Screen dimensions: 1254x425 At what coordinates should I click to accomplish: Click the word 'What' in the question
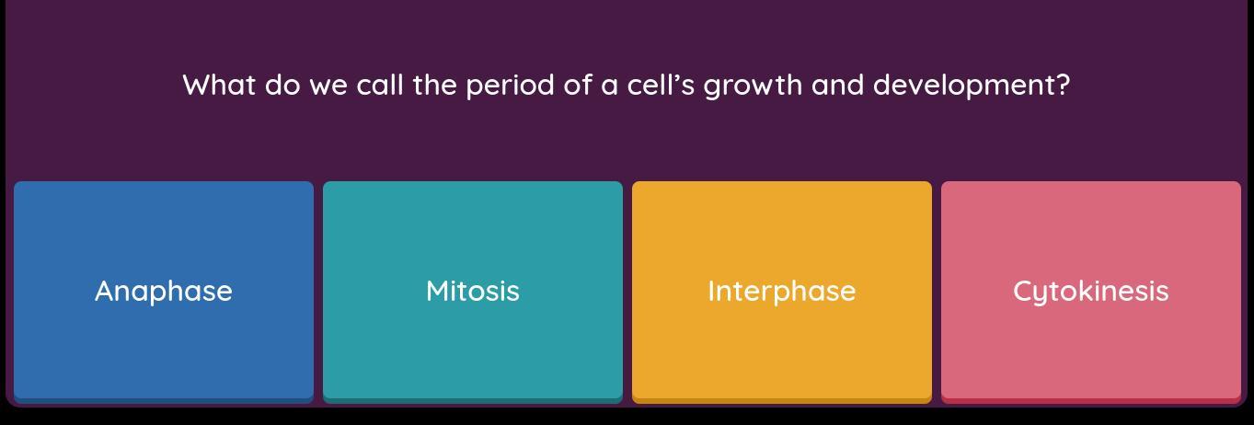(220, 86)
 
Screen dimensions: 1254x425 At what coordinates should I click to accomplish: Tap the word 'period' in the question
(510, 87)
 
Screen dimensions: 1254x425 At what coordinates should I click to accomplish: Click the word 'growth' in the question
(753, 87)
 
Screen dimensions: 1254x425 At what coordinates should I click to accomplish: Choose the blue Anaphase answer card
(164, 292)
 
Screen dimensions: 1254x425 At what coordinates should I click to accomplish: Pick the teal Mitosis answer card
(473, 292)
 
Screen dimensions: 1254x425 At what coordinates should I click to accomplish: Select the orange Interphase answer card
(782, 292)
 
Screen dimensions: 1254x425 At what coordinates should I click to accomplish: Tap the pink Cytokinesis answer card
(1091, 292)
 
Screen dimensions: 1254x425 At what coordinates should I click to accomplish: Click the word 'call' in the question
(380, 86)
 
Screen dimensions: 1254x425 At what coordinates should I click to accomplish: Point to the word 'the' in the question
(435, 86)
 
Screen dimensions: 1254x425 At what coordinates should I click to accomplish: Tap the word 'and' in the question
(837, 86)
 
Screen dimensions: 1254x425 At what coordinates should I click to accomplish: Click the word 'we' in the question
(328, 87)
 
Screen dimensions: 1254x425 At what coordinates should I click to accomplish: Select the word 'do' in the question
(282, 86)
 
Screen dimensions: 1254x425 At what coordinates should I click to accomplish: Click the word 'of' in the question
(578, 86)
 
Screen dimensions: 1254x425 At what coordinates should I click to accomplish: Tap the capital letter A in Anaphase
(106, 292)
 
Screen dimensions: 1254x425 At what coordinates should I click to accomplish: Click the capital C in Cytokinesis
(1024, 292)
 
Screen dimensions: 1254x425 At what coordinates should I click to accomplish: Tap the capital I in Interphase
(711, 292)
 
